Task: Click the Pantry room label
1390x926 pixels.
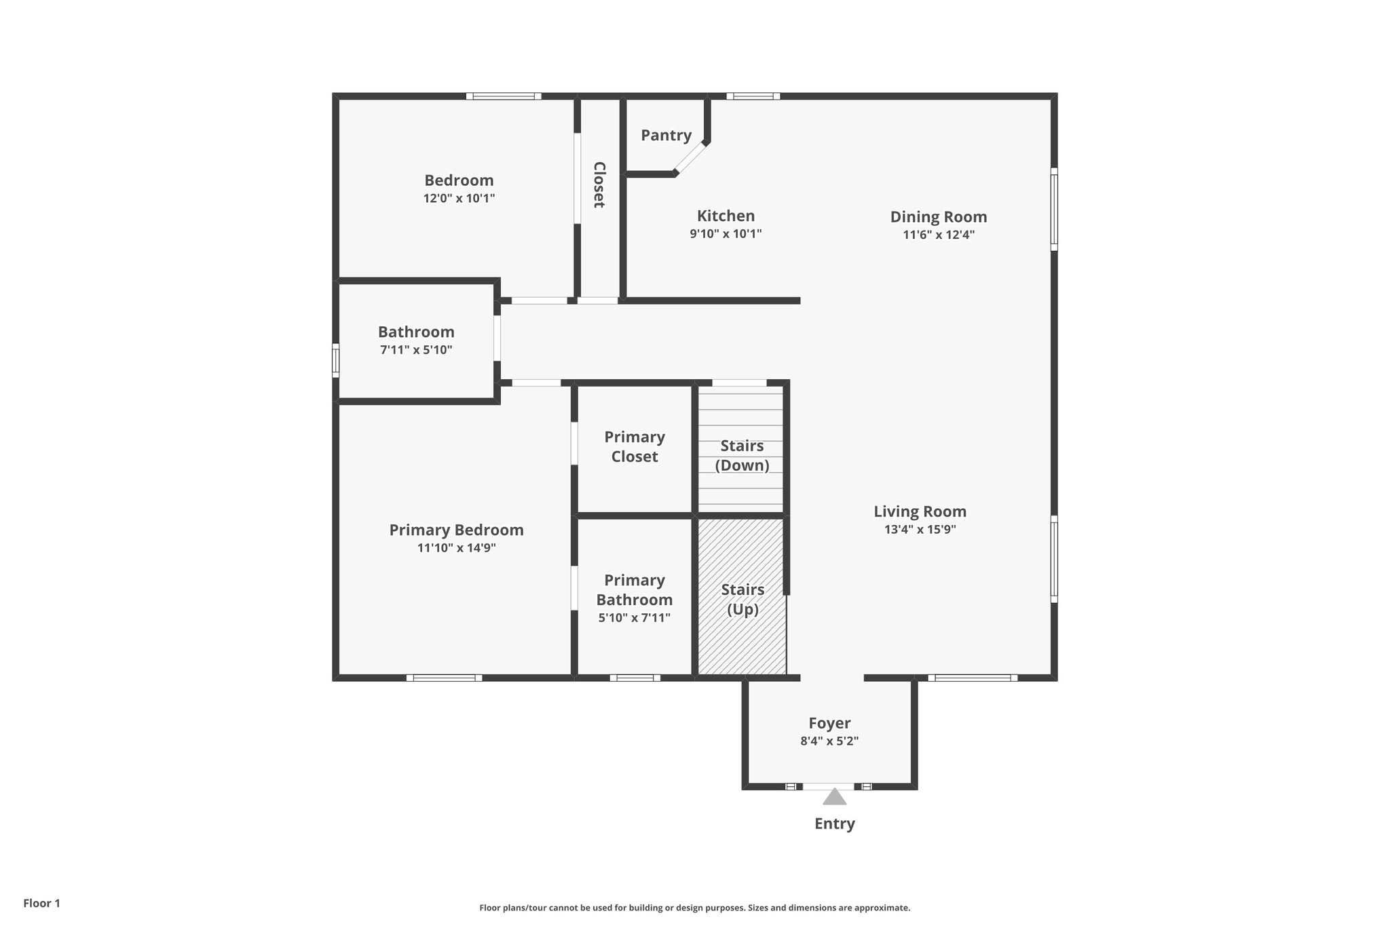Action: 666,135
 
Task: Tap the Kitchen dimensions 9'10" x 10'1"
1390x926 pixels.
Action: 726,234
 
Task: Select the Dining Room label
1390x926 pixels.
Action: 938,217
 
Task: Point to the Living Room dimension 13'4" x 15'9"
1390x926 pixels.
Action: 920,530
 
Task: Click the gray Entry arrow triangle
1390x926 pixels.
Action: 834,796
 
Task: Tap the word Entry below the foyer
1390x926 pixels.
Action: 834,824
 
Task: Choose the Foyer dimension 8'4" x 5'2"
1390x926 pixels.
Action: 829,741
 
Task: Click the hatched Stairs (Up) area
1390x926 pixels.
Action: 742,631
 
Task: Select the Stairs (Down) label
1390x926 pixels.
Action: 742,455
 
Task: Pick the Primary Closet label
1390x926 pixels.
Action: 634,446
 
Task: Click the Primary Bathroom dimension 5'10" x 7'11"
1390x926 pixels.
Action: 634,618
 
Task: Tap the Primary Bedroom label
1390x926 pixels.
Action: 456,530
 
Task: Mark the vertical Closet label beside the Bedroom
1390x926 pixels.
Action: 599,185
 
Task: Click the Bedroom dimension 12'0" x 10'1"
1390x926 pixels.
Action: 459,199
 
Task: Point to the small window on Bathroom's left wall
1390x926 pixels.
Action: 335,360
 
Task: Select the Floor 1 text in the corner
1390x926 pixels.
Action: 41,903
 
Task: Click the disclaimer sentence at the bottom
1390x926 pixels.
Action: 694,908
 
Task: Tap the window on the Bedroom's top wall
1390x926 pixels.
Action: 504,96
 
